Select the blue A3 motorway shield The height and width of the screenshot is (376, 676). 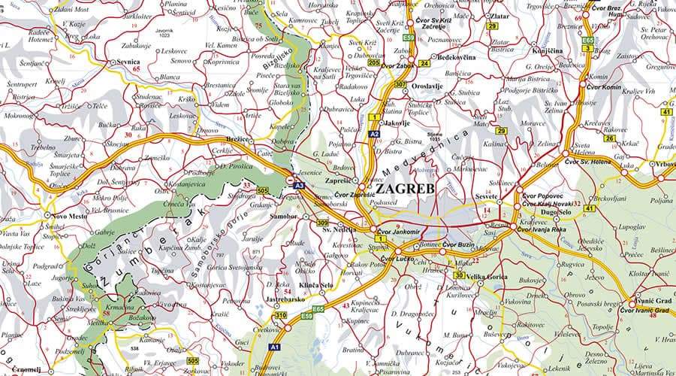tap(298, 185)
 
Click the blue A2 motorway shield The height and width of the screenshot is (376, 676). tap(374, 133)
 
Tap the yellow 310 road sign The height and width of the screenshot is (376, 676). tap(280, 315)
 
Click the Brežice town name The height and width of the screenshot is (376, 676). tap(238, 140)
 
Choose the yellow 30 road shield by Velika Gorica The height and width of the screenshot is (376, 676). tap(459, 275)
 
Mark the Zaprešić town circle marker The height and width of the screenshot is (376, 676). tap(361, 185)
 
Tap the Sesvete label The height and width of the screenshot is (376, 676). tap(488, 196)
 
